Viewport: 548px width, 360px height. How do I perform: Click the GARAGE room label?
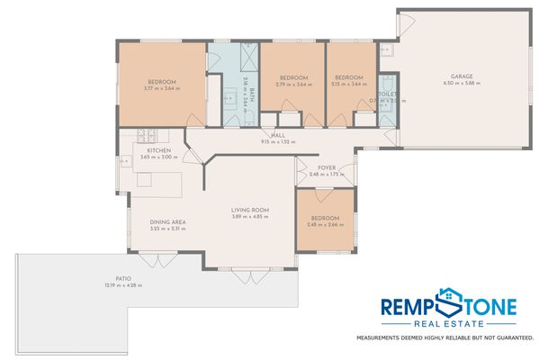click(x=463, y=76)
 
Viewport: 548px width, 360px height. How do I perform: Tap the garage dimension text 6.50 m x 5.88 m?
click(x=463, y=84)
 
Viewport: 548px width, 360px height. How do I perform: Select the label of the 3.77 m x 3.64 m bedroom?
click(x=162, y=81)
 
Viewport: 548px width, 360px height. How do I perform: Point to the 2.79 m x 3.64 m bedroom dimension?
click(x=293, y=85)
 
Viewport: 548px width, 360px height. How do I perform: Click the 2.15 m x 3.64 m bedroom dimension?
click(x=348, y=85)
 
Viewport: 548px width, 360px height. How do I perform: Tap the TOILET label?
click(x=388, y=93)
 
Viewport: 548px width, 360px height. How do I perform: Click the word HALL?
click(x=278, y=135)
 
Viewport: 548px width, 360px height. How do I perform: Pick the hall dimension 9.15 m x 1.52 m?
click(x=278, y=142)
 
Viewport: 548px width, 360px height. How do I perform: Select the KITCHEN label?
click(x=159, y=150)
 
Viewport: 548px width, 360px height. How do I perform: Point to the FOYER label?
click(x=327, y=167)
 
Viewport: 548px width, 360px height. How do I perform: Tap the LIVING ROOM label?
click(x=250, y=210)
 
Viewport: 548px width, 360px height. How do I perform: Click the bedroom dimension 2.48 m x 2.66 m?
click(x=326, y=225)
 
